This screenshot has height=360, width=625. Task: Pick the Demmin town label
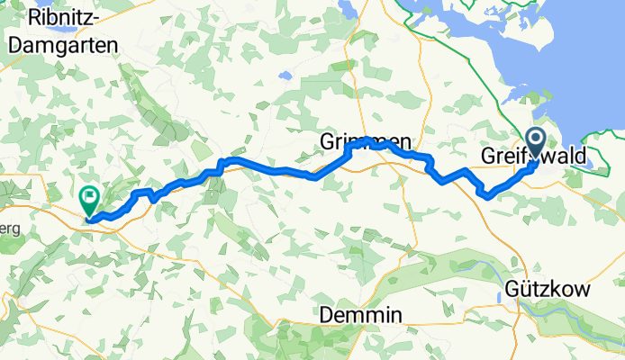361,315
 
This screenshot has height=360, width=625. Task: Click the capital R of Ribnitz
36,17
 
